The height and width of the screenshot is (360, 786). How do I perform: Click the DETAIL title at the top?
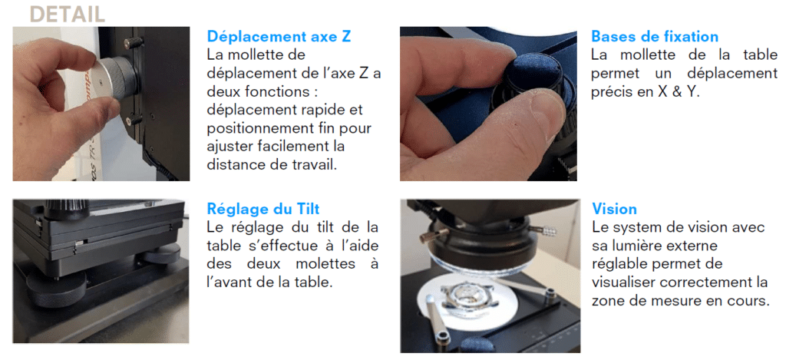(67, 14)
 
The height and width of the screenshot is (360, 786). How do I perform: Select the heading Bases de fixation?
(655, 37)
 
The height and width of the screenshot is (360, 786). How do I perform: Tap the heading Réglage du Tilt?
(263, 210)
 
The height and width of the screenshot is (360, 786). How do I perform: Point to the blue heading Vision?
(614, 210)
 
